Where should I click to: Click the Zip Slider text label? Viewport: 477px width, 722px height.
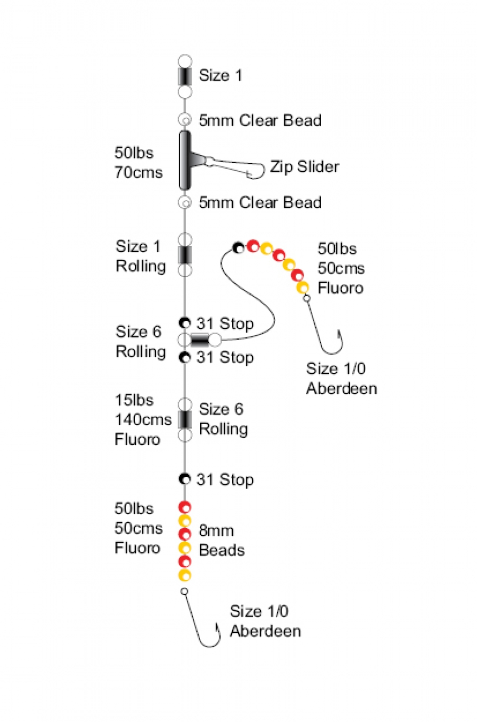coord(304,166)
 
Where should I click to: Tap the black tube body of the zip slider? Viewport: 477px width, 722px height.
coord(184,160)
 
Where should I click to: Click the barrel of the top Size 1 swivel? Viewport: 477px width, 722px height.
coord(184,76)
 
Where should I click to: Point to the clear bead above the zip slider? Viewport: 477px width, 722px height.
coord(184,120)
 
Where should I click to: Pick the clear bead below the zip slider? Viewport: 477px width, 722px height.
coord(184,202)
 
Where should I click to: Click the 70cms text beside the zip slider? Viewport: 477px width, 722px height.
coord(138,173)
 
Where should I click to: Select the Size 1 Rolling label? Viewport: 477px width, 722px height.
coord(140,256)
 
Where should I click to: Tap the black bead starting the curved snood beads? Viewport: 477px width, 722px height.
coord(238,247)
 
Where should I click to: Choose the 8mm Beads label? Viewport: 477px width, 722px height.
coord(221,540)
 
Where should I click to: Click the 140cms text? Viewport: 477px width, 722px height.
coord(143,419)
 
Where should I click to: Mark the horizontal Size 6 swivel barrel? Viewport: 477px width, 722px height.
coord(200,340)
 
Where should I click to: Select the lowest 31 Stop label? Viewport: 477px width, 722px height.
coord(225,480)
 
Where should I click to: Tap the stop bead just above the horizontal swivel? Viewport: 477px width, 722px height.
coord(184,323)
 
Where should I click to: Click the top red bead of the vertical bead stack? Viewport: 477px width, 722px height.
coord(184,507)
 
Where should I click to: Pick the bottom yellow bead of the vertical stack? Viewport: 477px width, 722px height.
coord(184,575)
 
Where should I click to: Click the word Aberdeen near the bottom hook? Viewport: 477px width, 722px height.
coord(265,631)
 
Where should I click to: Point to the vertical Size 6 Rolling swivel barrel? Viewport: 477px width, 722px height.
coord(184,419)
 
